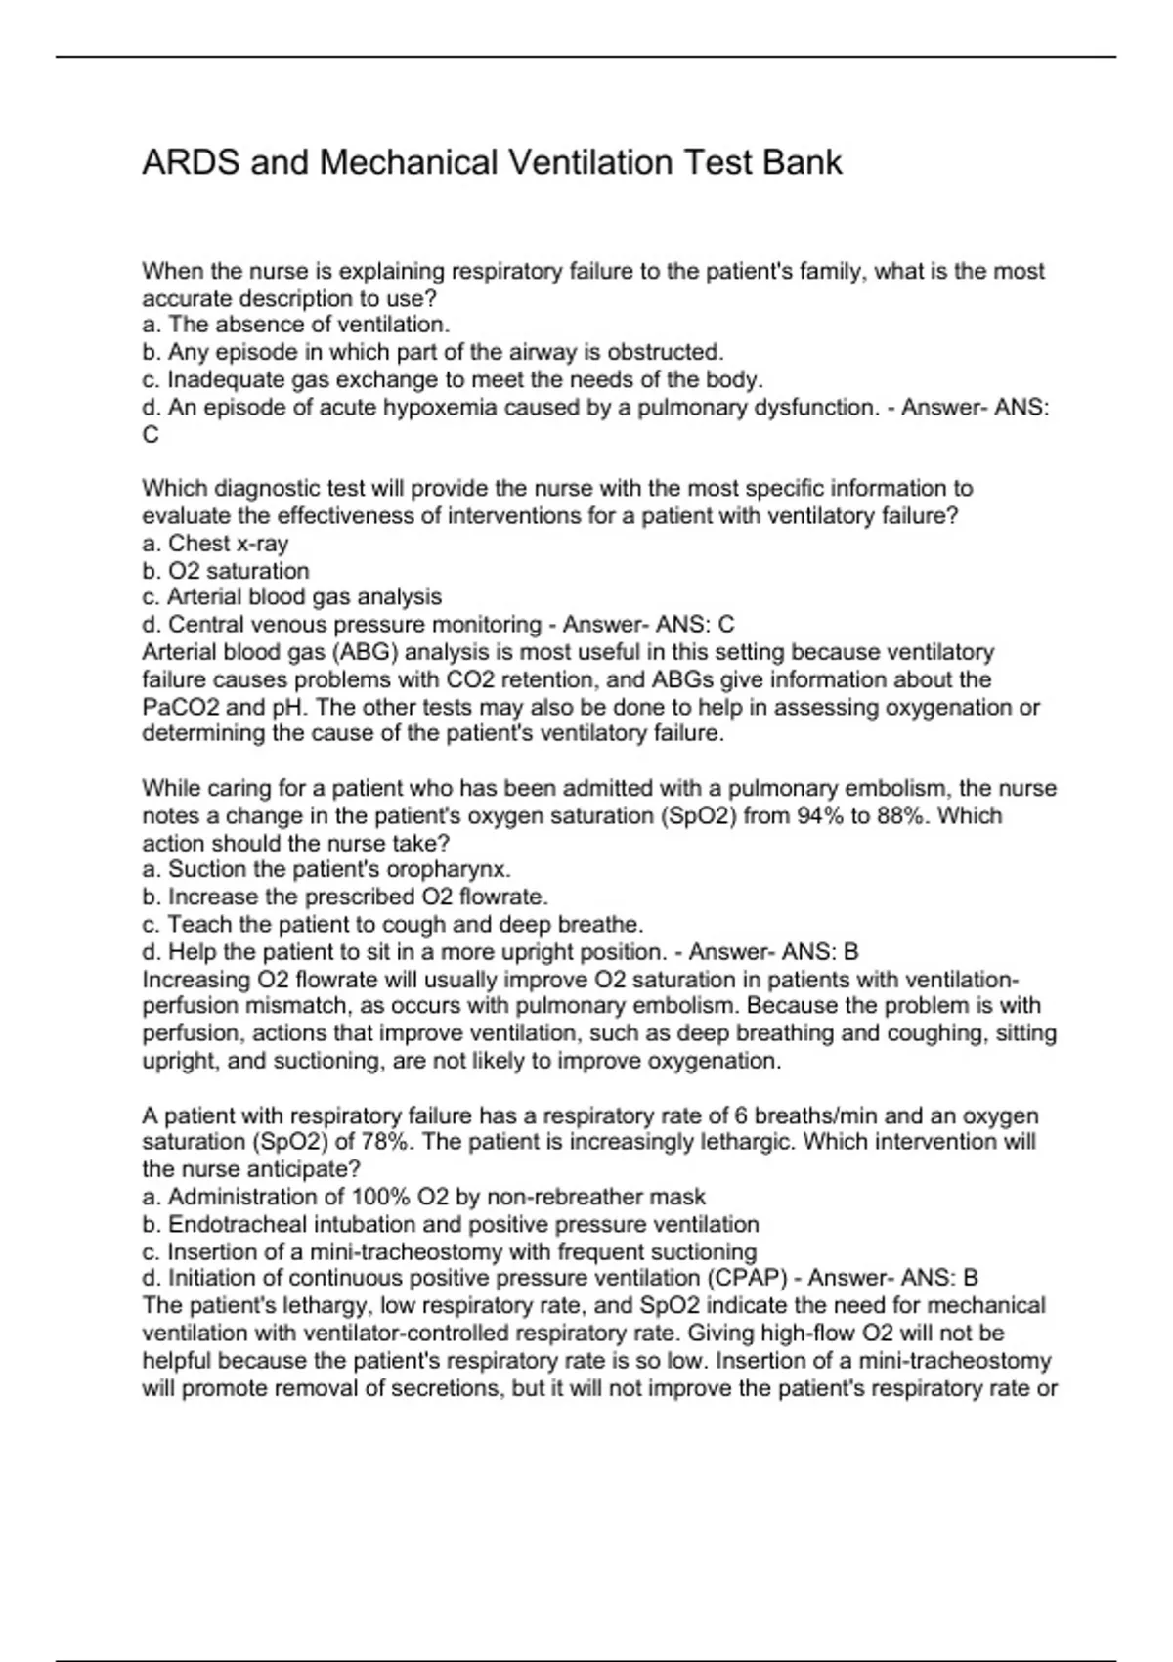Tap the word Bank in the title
pyautogui.click(x=802, y=162)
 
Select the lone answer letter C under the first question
pyautogui.click(x=151, y=435)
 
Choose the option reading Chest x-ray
pyautogui.click(x=228, y=543)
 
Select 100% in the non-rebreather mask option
pyautogui.click(x=376, y=1197)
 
